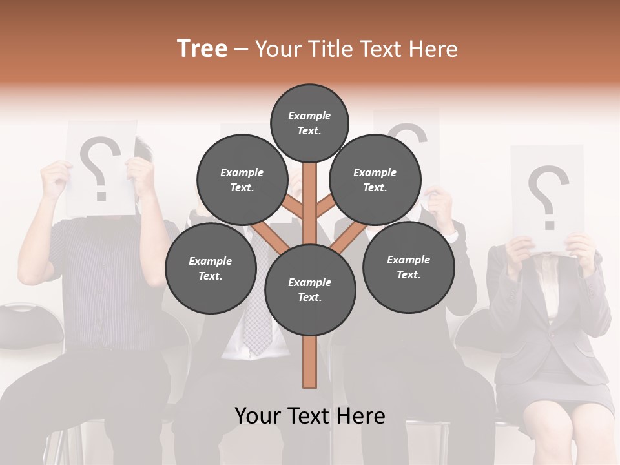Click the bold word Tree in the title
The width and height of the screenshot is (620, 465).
(202, 49)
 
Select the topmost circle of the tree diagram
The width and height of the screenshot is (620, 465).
(309, 123)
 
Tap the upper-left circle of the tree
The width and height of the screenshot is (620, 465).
(242, 180)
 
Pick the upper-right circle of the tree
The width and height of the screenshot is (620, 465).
(375, 180)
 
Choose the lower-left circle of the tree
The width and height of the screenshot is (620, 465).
(210, 268)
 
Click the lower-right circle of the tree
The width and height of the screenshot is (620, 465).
(408, 267)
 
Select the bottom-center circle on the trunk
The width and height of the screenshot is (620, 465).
(309, 289)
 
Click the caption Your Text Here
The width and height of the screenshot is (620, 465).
(309, 416)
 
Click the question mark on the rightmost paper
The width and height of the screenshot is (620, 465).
(548, 196)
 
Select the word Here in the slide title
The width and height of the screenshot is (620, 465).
(435, 49)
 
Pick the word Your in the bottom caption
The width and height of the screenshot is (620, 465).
(257, 416)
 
